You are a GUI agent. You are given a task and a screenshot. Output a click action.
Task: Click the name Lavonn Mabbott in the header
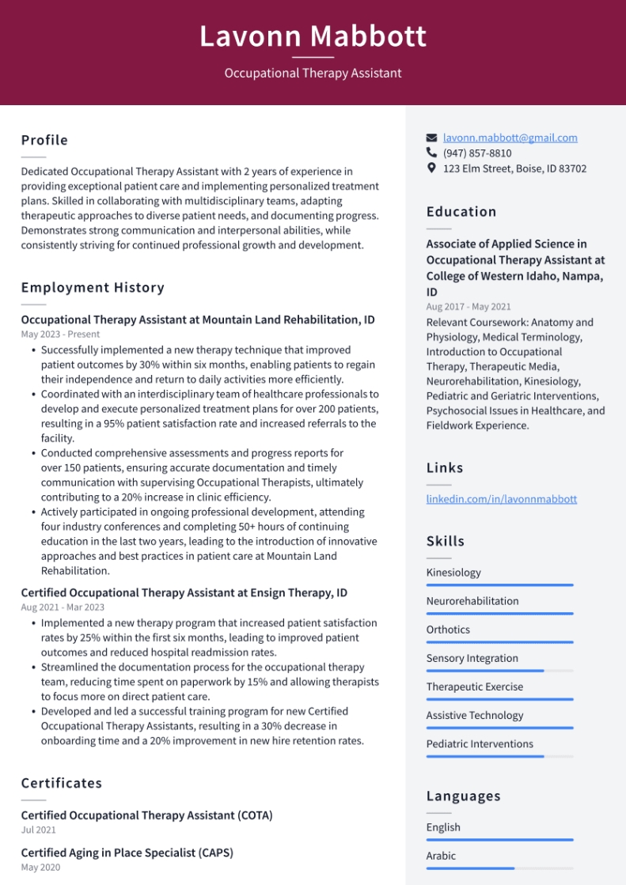(x=313, y=36)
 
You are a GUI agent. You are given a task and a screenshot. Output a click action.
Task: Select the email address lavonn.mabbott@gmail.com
(x=510, y=138)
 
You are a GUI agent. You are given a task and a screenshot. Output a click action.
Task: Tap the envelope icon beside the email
(x=431, y=138)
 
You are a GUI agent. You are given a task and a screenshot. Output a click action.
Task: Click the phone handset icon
(x=431, y=153)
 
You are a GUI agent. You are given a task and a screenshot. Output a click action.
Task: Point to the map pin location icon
(x=431, y=168)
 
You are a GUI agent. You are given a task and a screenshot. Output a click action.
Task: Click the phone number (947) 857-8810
(x=477, y=153)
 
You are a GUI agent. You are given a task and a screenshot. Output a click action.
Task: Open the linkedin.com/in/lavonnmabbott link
(x=501, y=499)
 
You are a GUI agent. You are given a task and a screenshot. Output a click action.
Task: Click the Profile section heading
(x=44, y=140)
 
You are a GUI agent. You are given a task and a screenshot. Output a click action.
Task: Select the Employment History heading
(x=93, y=287)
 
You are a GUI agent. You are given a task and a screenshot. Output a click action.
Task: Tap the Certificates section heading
(x=62, y=783)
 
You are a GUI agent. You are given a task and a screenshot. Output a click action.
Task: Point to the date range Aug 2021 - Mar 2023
(x=63, y=607)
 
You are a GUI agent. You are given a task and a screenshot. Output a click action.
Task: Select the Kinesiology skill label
(x=453, y=573)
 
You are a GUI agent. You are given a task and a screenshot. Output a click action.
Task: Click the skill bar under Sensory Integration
(x=499, y=671)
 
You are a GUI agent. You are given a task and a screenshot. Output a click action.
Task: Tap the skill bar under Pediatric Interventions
(x=499, y=756)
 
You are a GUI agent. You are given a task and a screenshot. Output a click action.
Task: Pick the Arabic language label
(x=441, y=856)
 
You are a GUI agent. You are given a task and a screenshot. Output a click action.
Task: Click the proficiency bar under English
(x=499, y=840)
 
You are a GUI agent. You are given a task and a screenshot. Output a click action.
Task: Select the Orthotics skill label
(x=448, y=630)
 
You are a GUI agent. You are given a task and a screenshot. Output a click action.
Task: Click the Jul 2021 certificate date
(x=39, y=830)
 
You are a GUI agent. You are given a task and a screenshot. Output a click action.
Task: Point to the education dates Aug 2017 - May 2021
(x=469, y=307)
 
